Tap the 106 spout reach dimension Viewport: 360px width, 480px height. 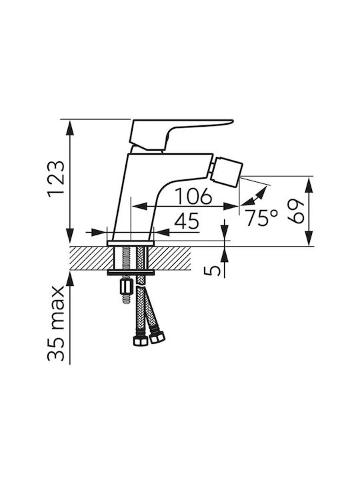[193, 196]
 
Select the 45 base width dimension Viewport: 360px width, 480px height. [187, 221]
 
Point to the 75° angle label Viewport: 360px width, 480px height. [261, 217]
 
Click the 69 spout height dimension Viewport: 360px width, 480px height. [296, 211]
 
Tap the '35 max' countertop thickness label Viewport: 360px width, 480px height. [56, 323]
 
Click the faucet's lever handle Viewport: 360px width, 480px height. [181, 134]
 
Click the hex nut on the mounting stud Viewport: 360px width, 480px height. [126, 286]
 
